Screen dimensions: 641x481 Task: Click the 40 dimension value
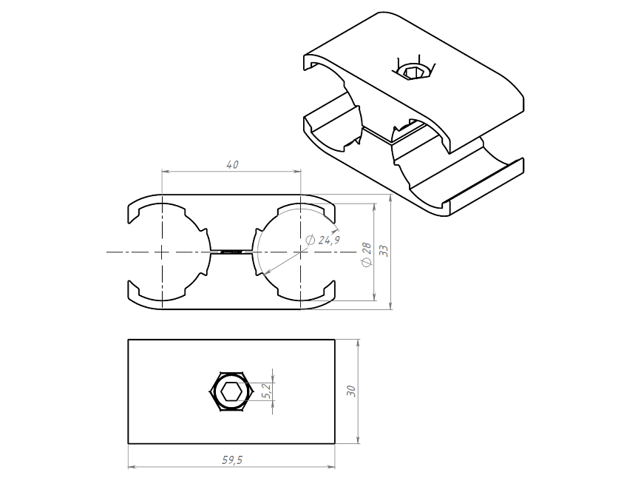coord(232,164)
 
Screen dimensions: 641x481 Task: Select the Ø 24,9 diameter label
coord(322,240)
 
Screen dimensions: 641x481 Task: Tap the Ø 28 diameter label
coord(367,255)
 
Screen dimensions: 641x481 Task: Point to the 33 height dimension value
coord(384,251)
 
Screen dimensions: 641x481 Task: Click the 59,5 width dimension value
coord(232,460)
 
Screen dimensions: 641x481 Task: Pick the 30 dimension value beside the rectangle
coord(351,391)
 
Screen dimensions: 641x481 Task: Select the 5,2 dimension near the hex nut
coord(267,391)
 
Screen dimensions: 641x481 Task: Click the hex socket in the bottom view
coord(230,392)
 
